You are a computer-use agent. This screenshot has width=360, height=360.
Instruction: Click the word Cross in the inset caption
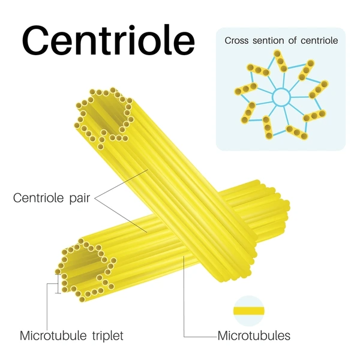[x=236, y=41]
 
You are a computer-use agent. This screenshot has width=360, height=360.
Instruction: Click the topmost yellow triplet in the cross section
[x=281, y=61]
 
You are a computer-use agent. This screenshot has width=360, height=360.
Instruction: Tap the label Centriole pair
[x=52, y=197]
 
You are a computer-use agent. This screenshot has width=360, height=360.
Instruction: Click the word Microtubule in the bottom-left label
[x=53, y=335]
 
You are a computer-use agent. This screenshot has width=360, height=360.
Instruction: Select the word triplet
[x=107, y=336]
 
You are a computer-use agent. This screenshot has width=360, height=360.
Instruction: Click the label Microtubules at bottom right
[x=254, y=335]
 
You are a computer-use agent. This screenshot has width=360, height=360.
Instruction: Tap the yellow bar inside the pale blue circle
[x=249, y=311]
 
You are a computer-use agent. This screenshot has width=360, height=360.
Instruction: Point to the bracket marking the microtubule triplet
[x=58, y=284]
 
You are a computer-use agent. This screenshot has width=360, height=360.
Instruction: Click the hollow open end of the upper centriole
[x=104, y=118]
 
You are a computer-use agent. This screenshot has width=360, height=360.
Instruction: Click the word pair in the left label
[x=80, y=199]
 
